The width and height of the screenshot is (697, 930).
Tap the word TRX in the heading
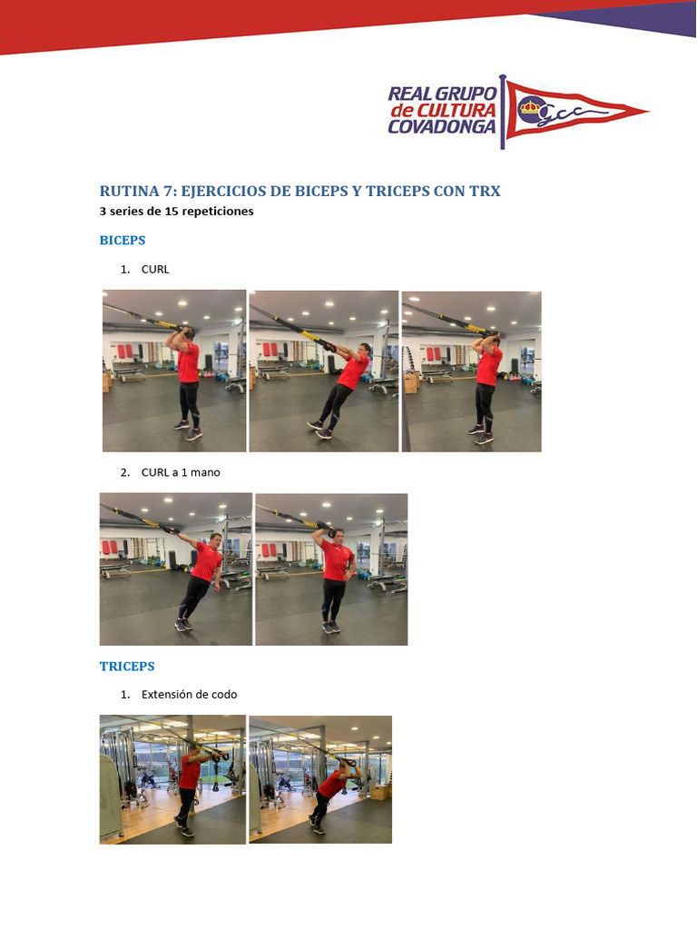click(x=484, y=192)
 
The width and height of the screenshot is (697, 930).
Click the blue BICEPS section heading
click(x=123, y=241)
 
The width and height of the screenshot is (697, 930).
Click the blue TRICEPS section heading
click(x=127, y=666)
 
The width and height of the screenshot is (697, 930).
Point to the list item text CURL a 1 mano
click(x=181, y=472)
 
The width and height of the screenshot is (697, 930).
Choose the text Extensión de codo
click(x=189, y=695)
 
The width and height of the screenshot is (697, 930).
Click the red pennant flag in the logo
click(x=572, y=112)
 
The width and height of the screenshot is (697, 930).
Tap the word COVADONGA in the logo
click(x=442, y=127)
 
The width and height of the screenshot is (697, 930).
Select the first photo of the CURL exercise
click(x=174, y=371)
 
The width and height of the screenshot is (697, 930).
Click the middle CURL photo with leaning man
click(x=324, y=371)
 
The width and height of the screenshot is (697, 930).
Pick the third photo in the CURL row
click(x=471, y=371)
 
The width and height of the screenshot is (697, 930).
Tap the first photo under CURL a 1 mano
click(x=175, y=569)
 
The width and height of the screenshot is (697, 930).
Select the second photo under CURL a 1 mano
click(x=331, y=569)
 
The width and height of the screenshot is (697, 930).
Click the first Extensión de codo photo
click(x=172, y=779)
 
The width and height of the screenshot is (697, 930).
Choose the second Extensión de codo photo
click(x=320, y=779)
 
